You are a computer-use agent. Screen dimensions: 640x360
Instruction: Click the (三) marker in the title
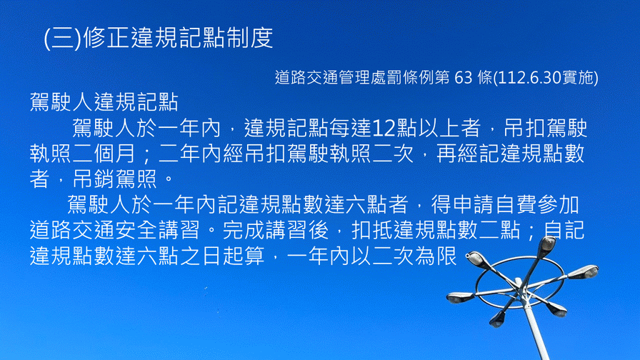pyautogui.click(x=62, y=38)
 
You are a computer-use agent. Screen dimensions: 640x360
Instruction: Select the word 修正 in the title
pyautogui.click(x=106, y=38)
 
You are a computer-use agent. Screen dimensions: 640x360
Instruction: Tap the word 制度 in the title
pyautogui.click(x=250, y=38)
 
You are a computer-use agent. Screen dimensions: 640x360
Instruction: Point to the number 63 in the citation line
pyautogui.click(x=463, y=78)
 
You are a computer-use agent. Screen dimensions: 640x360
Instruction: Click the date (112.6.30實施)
pyautogui.click(x=546, y=78)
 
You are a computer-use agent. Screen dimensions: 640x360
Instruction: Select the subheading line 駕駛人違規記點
pyautogui.click(x=104, y=101)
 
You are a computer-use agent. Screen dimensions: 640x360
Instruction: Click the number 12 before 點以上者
pyautogui.click(x=384, y=128)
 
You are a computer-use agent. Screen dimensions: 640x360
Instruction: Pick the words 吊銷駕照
pyautogui.click(x=115, y=179)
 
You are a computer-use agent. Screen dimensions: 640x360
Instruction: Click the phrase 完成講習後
pyautogui.click(x=276, y=230)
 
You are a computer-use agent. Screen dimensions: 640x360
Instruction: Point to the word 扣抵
pyautogui.click(x=372, y=230)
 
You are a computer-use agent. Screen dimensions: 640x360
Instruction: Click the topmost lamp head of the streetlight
pyautogui.click(x=547, y=244)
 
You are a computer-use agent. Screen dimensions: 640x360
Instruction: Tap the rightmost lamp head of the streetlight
pyautogui.click(x=586, y=271)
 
